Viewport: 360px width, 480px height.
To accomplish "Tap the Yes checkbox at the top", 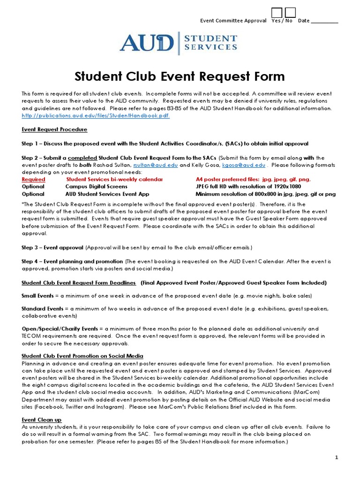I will [x=277, y=13].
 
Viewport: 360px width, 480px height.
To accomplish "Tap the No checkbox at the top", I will [x=291, y=13].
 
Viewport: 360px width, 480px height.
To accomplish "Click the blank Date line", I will [x=324, y=21].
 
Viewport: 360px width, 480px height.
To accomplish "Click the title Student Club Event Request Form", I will [x=180, y=76].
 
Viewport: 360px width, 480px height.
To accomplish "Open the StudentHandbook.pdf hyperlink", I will [x=96, y=115].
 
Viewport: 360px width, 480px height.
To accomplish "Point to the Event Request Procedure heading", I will [x=54, y=129].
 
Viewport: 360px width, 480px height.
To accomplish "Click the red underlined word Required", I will [x=34, y=180].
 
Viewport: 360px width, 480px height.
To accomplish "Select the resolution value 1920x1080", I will [x=285, y=187].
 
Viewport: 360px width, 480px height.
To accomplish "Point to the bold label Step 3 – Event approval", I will [x=52, y=247].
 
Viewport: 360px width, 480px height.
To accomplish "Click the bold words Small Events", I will [x=37, y=296].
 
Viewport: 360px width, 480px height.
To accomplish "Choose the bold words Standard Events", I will [x=42, y=309].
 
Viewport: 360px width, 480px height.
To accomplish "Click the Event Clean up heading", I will [x=42, y=420].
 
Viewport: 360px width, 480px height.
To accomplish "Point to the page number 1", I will [x=336, y=457].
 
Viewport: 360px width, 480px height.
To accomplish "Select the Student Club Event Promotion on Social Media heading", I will [x=82, y=356].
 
